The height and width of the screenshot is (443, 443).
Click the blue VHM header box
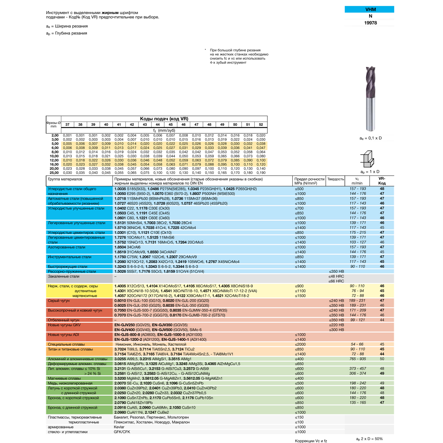click(x=369, y=9)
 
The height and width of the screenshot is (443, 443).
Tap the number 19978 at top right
click(x=370, y=23)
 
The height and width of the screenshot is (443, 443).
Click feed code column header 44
click(x=158, y=125)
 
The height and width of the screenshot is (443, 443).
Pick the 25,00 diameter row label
click(x=54, y=173)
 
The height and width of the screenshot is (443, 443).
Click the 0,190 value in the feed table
click(x=261, y=173)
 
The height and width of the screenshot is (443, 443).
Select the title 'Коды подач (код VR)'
click(x=164, y=119)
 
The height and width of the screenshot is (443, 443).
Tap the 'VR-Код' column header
click(x=382, y=181)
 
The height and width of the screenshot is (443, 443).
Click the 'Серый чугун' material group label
click(x=59, y=301)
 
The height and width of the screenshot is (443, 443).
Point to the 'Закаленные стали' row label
click(x=63, y=276)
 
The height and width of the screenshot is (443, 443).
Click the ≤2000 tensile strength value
click(x=300, y=344)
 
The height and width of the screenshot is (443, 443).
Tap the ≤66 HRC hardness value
click(x=336, y=281)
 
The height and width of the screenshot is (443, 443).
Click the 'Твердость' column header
click(x=335, y=179)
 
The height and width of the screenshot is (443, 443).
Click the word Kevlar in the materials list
click(x=119, y=427)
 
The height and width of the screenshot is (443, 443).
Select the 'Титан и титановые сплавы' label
click(x=70, y=349)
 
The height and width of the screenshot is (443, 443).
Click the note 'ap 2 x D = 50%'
click(x=369, y=439)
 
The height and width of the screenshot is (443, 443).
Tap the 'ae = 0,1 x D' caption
click(x=370, y=138)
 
